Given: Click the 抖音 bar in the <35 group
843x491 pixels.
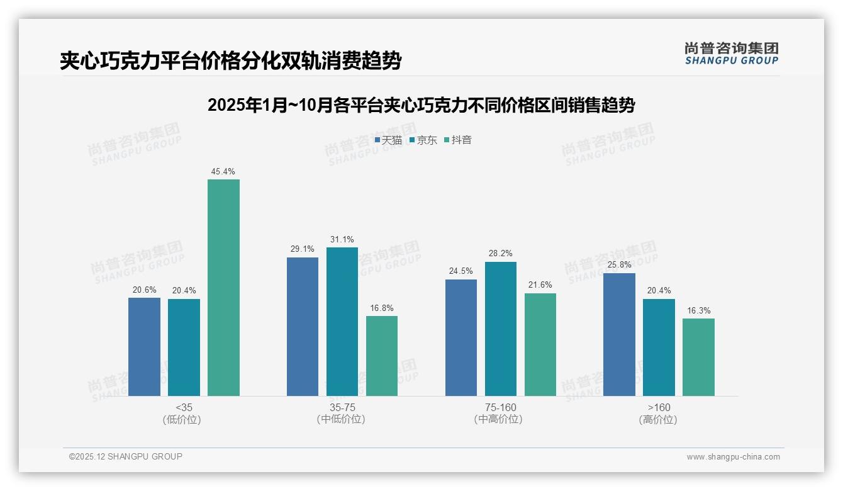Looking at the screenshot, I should click(223, 288).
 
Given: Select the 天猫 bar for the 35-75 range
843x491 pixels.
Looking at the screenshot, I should click(303, 327).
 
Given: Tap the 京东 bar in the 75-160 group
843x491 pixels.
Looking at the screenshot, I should click(500, 329).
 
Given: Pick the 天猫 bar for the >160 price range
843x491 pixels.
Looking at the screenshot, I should click(619, 334).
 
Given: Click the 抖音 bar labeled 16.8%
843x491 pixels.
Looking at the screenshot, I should click(382, 356).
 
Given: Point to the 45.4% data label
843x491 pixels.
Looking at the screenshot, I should click(223, 171).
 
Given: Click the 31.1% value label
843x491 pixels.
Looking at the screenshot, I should click(342, 239).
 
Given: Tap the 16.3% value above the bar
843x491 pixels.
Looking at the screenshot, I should click(698, 310).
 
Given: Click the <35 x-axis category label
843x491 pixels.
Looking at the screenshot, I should click(184, 407).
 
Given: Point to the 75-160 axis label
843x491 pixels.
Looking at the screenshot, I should click(500, 407).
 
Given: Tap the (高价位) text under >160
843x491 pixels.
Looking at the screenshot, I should click(658, 419).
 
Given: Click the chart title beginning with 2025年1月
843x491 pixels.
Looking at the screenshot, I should click(421, 105).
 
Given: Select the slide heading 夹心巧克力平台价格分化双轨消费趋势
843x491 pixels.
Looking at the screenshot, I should click(230, 60).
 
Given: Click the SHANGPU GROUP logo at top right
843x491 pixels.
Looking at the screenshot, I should click(731, 53).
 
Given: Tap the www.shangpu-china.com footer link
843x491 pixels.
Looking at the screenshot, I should click(733, 457).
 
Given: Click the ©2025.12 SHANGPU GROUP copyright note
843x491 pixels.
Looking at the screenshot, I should click(126, 456).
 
